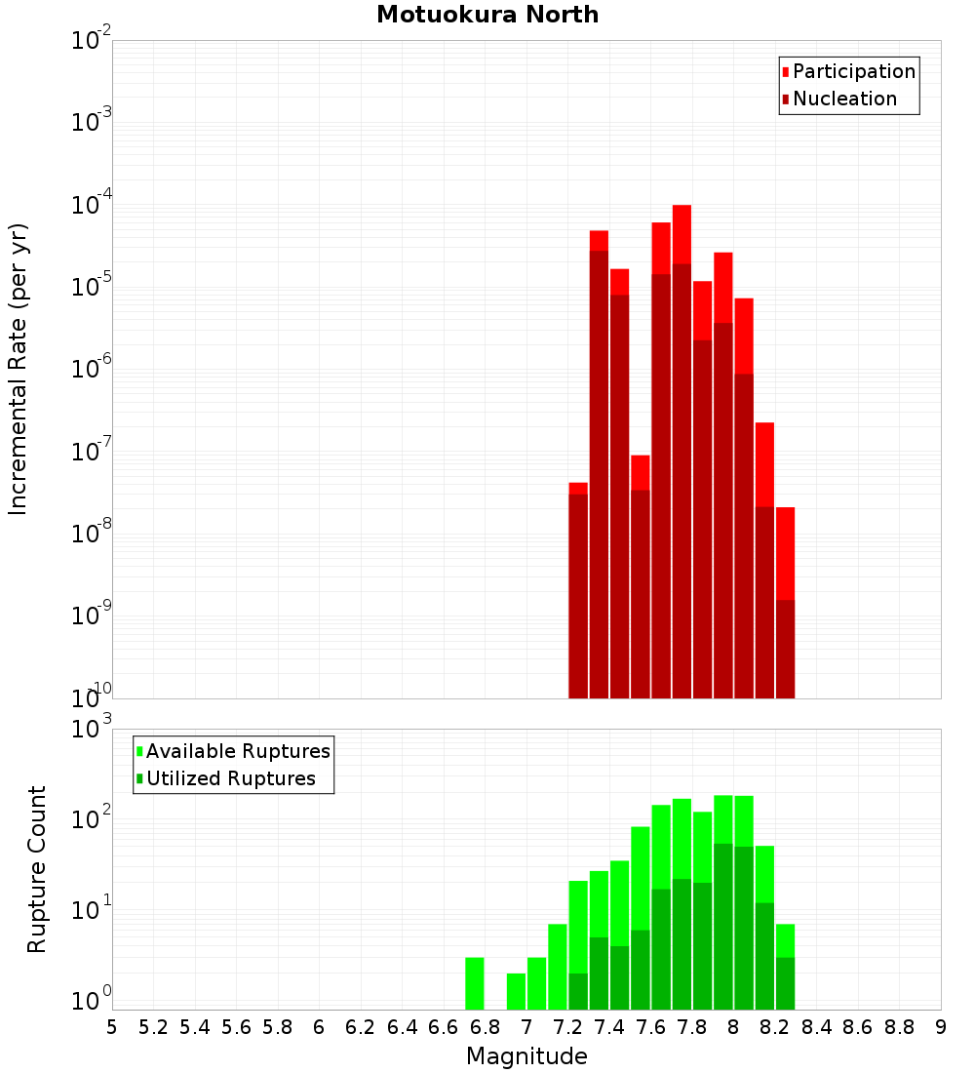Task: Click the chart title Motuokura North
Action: pos(487,16)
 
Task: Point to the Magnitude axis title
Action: pos(526,1056)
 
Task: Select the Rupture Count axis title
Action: pos(37,868)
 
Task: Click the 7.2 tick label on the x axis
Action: pos(567,1027)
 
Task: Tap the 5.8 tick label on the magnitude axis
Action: pos(278,1027)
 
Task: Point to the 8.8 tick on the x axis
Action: pos(899,1027)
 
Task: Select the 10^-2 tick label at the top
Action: pos(92,41)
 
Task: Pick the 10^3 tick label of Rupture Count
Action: pos(92,729)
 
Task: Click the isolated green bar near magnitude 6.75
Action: pos(475,983)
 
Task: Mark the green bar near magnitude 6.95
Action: pos(516,991)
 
